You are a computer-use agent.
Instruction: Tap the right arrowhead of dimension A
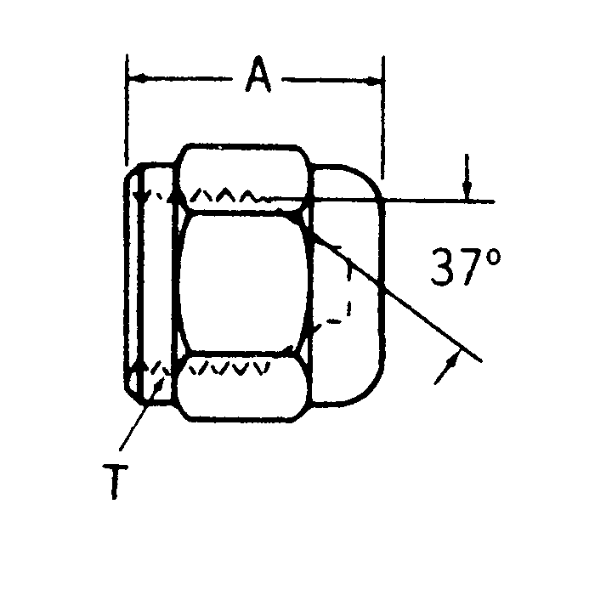point(375,80)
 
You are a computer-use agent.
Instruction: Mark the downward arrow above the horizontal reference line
point(465,189)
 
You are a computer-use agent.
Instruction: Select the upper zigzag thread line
point(225,196)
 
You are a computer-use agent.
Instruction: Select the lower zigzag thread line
point(225,367)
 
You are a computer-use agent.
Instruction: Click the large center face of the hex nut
point(242,282)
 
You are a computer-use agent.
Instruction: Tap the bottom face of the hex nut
point(243,395)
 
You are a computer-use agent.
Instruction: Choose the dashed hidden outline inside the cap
point(347,289)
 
